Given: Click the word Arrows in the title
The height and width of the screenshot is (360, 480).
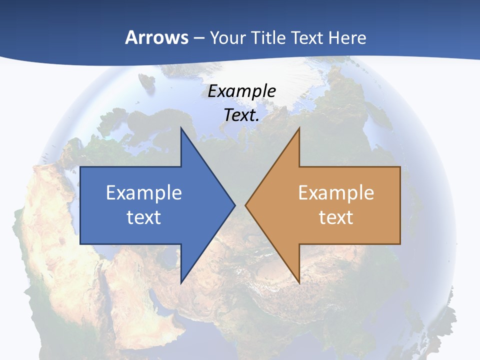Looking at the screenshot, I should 156,37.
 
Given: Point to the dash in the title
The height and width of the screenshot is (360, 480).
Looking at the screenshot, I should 198,38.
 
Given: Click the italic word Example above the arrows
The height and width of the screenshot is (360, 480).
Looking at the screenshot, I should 241,91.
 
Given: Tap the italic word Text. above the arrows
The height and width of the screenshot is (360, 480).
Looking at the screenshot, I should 241,115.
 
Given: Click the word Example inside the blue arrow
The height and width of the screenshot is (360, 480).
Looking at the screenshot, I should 144,193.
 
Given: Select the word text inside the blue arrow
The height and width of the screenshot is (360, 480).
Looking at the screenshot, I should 144,217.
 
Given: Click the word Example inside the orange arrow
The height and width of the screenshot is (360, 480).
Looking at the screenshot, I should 336,193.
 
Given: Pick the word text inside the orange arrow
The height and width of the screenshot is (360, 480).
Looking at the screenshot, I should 336,217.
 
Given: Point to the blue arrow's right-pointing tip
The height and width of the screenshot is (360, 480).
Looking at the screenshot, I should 234,205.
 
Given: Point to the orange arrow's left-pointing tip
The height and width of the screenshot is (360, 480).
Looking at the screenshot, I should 246,205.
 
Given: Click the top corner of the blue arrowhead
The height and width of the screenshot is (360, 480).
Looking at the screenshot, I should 181,128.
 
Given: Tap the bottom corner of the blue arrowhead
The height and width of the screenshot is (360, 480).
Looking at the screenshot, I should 181,283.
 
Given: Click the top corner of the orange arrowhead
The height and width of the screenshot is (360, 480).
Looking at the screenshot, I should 299,128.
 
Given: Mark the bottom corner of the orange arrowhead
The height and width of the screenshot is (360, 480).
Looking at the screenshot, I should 299,283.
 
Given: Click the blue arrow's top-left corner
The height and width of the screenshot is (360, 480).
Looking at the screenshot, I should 80,167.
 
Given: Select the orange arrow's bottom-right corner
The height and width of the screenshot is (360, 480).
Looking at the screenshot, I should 400,244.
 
